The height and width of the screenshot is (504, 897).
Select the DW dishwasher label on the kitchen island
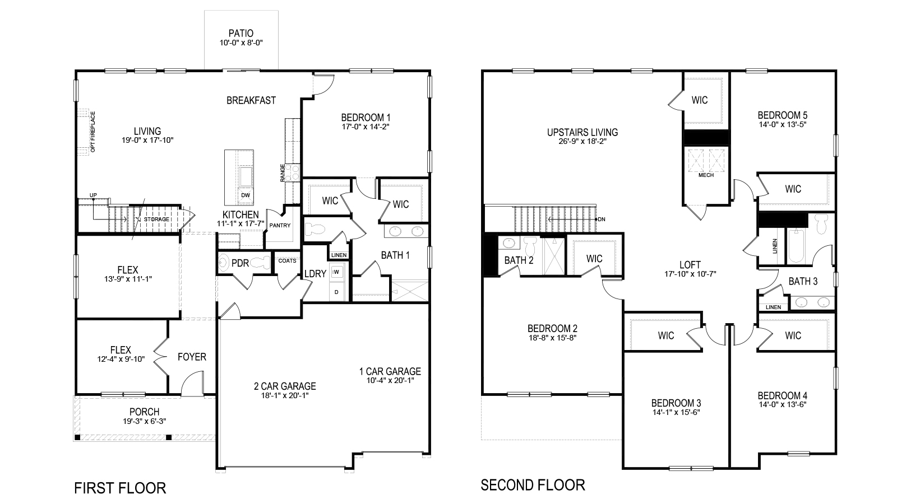click(x=245, y=195)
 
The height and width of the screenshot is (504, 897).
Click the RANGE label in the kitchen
click(x=283, y=172)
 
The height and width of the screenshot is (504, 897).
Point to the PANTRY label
click(x=280, y=226)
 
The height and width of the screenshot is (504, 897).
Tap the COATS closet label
click(x=287, y=260)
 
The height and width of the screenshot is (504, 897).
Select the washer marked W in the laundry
click(x=337, y=273)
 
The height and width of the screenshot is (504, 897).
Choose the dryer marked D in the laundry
click(x=337, y=291)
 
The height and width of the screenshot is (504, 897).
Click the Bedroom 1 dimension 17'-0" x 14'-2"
click(x=366, y=127)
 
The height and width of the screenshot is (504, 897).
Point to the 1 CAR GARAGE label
click(x=390, y=371)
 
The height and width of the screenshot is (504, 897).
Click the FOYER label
click(x=192, y=357)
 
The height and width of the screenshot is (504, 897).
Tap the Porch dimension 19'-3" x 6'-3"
click(x=144, y=421)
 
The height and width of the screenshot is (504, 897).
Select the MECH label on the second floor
click(x=706, y=175)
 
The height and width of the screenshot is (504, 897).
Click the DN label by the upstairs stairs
click(x=602, y=219)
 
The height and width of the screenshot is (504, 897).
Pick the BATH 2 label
click(x=519, y=260)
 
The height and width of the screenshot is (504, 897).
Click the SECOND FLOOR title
click(x=533, y=484)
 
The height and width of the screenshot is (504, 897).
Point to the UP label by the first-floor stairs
click(x=93, y=195)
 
